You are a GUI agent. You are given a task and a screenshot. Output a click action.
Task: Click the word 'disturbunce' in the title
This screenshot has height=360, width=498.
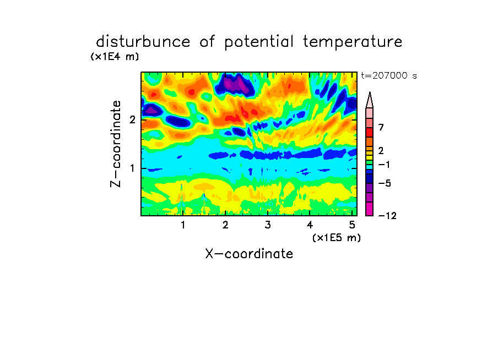143,42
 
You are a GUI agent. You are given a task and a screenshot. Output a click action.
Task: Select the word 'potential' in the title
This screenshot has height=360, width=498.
259,42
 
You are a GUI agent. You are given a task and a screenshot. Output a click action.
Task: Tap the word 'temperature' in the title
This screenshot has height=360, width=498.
353,42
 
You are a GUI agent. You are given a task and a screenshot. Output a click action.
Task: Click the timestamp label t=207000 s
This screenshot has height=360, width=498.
389,75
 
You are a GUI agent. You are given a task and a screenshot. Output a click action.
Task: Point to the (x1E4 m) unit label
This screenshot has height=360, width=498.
115,57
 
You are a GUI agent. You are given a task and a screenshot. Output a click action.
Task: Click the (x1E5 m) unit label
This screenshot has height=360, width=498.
337,237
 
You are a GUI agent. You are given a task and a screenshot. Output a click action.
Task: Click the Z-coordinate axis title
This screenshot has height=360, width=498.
116,144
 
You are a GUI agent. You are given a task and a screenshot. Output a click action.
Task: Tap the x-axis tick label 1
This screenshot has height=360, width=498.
183,225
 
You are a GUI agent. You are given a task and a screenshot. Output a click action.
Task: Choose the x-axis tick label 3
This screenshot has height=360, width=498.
268,225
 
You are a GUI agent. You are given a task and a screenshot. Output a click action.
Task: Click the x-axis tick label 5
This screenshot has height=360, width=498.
352,225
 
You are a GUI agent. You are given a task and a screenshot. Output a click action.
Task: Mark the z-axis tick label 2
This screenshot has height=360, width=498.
132,119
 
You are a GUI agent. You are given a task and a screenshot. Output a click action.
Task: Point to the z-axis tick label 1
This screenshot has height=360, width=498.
132,168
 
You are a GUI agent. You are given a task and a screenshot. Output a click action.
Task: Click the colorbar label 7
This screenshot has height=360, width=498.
381,127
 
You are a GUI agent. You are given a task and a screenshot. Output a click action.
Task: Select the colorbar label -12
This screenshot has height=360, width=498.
387,216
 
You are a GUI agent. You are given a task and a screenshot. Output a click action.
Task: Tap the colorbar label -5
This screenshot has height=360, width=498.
385,183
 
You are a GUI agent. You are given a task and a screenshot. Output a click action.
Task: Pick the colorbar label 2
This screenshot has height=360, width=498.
381,150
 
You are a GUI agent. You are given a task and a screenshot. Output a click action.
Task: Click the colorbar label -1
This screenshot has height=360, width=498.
384,165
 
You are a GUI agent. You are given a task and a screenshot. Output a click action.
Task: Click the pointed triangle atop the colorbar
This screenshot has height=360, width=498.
370,100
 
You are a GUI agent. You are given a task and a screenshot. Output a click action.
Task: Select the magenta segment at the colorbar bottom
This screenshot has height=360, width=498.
370,209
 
